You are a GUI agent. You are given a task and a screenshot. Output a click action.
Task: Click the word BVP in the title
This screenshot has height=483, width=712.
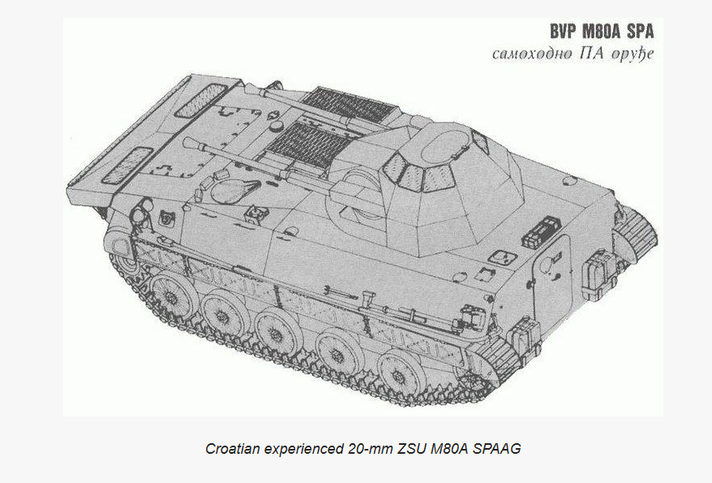pyautogui.click(x=564, y=32)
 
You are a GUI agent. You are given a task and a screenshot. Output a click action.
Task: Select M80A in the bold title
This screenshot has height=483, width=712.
pyautogui.click(x=602, y=32)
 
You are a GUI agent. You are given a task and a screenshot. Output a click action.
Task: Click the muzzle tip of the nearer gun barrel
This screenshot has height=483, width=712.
pyautogui.click(x=187, y=143)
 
